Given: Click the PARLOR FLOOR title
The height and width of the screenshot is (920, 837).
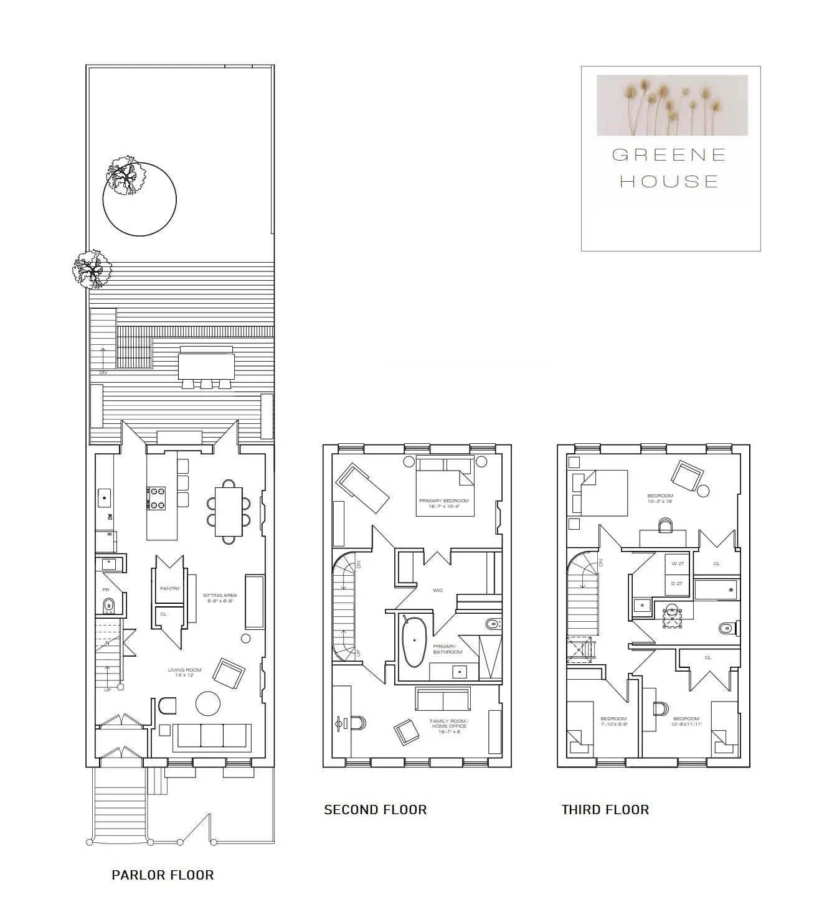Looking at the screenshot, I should tap(163, 875).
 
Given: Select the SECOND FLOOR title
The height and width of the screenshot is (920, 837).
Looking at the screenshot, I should tap(376, 810).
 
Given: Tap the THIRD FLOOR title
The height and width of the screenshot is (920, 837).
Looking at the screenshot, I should tap(605, 810).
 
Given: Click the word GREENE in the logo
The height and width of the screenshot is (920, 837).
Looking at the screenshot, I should tap(669, 155).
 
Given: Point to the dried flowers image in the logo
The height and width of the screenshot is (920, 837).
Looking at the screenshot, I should tap(672, 105).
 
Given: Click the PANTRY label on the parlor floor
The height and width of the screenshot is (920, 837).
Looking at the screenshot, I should tap(169, 588).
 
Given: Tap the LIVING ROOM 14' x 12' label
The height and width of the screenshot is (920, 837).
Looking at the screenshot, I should tap(184, 672).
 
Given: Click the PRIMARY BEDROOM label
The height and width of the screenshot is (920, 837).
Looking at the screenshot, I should tap(443, 503).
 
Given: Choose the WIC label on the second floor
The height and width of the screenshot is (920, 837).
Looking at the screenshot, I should tap(438, 590).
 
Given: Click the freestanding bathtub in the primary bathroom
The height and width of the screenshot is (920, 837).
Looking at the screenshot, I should tap(412, 642).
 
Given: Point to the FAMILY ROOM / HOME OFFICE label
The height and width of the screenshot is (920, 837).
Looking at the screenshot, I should tap(448, 726).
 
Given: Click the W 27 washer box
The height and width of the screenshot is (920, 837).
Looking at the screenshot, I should tap(678, 564).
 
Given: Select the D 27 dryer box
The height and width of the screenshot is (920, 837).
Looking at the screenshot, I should tap(678, 583).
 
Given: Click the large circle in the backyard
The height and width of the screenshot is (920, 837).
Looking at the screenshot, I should tap(139, 199).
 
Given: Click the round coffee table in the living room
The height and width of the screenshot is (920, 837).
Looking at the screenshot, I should tap(208, 703).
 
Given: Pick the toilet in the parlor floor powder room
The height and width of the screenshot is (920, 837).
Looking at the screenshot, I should tap(109, 604).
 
